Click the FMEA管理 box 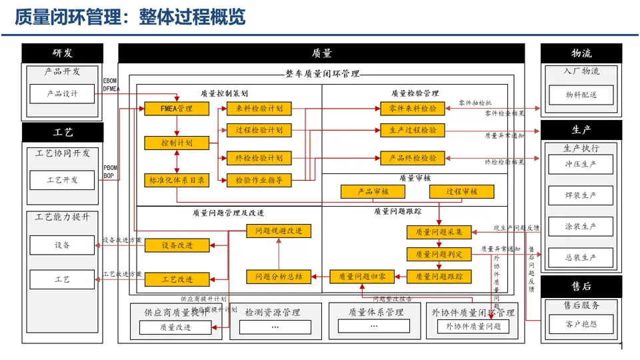point(176,109)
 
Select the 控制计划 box point(176,143)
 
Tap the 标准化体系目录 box point(176,179)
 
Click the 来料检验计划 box point(259,109)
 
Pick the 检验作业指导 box point(259,179)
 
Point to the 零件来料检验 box point(413,109)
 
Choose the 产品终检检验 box point(413,158)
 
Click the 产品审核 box point(373,192)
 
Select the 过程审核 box point(461,192)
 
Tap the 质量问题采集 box point(439,232)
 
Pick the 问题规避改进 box point(278,231)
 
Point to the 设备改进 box point(177,245)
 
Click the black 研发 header point(63,53)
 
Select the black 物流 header point(581,53)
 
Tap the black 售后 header point(581,287)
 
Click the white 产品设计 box point(62,94)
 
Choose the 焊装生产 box point(580,195)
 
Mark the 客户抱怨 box point(580,325)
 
